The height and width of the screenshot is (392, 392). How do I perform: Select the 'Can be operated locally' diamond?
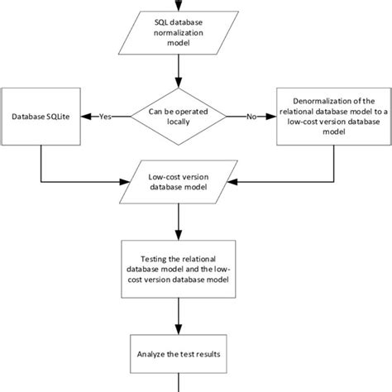(179, 116)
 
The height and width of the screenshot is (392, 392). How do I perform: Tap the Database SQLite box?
(41, 116)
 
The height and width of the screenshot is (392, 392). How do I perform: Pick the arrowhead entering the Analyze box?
(179, 332)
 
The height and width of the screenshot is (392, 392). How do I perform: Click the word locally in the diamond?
(179, 122)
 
